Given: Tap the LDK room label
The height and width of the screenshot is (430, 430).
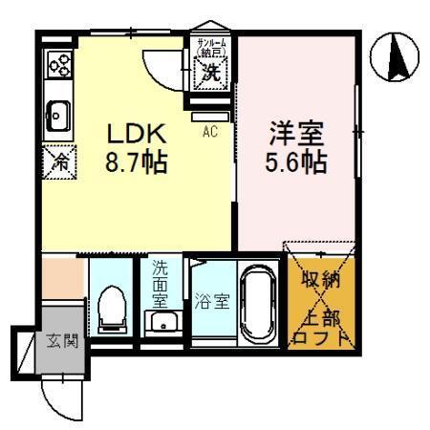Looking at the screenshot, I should tap(137, 134).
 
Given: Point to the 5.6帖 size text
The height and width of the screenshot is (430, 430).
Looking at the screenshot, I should tap(296, 160).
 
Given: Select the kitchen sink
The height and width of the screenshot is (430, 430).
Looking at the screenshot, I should tap(56, 116).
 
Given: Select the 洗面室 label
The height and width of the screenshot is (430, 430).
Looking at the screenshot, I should tap(160, 284).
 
